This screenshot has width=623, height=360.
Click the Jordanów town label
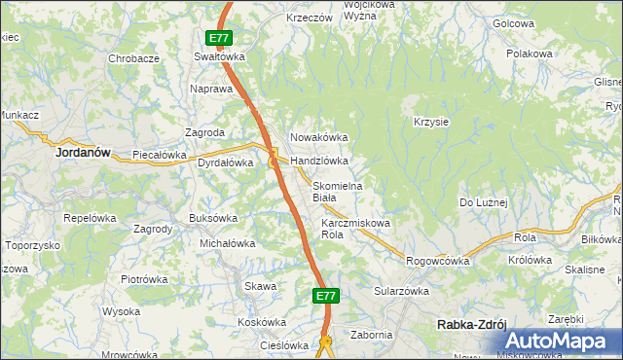82,153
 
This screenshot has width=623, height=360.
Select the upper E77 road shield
219,39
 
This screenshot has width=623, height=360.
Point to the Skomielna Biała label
337,192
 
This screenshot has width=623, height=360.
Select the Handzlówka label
319,161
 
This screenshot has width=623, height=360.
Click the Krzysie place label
430,122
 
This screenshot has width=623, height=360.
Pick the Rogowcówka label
438,261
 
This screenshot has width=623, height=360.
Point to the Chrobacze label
134,58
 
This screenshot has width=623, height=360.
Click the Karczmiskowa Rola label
355,229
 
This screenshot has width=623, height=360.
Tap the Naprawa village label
212,89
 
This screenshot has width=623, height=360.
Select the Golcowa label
514,22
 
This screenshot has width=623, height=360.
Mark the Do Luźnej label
484,201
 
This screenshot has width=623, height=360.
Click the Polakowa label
530,54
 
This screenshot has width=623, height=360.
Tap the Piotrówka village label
144,279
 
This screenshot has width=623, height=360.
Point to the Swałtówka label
219,56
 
